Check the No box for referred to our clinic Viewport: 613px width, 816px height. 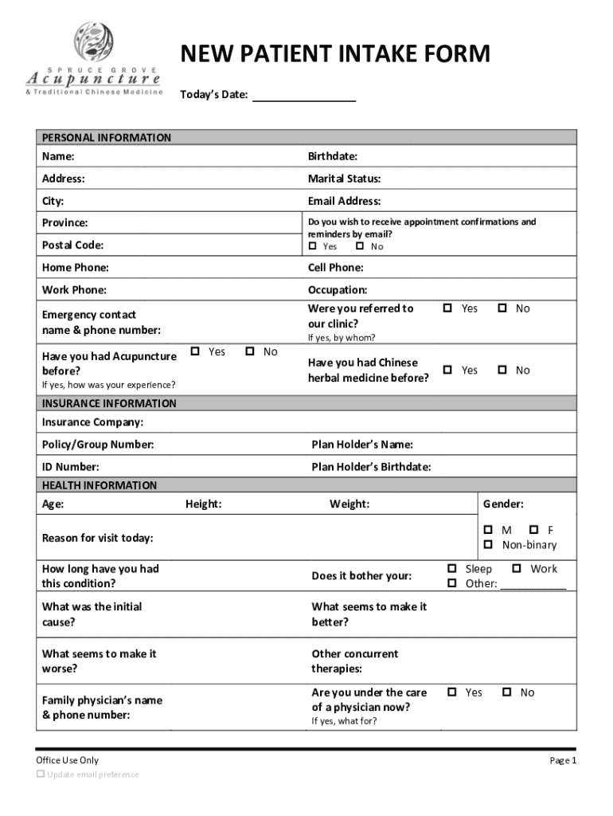(x=503, y=308)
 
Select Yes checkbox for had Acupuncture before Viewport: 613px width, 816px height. (x=196, y=351)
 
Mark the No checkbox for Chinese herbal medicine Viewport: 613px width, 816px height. (x=503, y=370)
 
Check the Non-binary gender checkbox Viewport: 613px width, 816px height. (x=489, y=545)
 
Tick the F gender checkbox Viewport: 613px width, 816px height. (x=534, y=530)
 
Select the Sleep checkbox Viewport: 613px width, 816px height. (x=451, y=569)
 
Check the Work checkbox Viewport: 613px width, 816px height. (x=517, y=569)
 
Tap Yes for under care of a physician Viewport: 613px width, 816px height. (x=451, y=692)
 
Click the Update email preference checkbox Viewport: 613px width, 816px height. (x=41, y=775)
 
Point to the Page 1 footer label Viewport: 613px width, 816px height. (x=562, y=761)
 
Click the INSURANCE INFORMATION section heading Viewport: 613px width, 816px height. (x=109, y=403)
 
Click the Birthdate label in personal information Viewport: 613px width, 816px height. (x=332, y=156)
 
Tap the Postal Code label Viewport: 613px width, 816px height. (x=72, y=245)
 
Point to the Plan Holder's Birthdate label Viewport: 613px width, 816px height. (x=371, y=467)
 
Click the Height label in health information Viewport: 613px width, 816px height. (x=203, y=504)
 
